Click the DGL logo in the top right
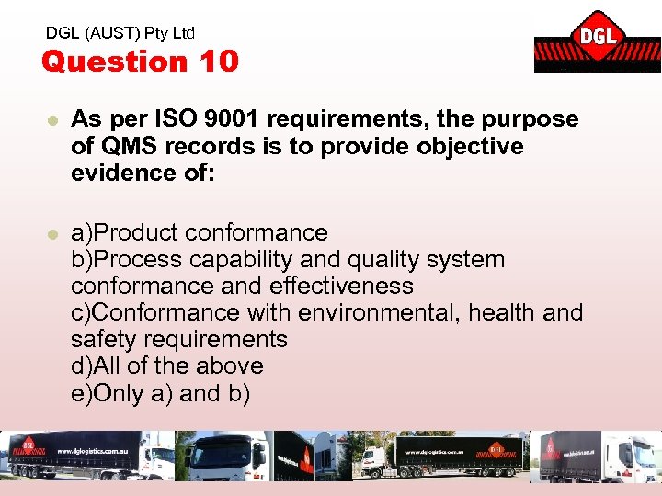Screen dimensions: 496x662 point(597,41)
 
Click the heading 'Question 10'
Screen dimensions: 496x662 point(140,62)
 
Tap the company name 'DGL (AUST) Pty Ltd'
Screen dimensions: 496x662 point(120,33)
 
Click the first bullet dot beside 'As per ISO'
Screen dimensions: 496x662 point(51,120)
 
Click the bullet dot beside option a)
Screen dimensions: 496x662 point(51,234)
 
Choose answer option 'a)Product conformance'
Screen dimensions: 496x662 point(200,233)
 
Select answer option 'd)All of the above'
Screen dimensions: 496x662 point(167,366)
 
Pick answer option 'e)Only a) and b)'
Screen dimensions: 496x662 point(159,393)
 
